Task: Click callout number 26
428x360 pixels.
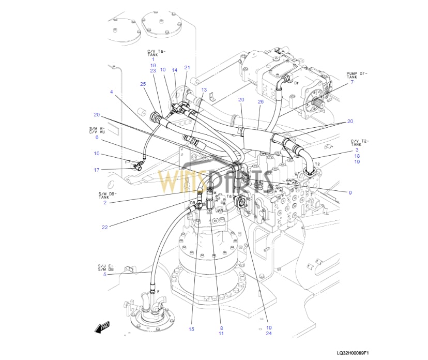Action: click(x=261, y=101)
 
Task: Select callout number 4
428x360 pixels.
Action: click(x=111, y=92)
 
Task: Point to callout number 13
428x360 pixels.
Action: click(x=204, y=89)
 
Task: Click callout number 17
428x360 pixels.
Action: click(x=96, y=170)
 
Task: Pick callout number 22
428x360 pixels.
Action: click(x=104, y=228)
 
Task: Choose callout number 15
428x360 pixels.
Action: click(x=191, y=329)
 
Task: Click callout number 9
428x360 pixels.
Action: click(x=350, y=192)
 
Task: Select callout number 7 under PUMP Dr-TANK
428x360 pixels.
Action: click(x=352, y=82)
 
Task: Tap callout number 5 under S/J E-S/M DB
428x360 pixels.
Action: click(x=104, y=274)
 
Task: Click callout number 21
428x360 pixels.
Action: click(x=187, y=67)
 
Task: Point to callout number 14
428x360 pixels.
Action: click(x=175, y=70)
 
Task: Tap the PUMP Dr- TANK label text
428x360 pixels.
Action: click(x=357, y=76)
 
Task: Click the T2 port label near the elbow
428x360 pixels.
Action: click(x=318, y=164)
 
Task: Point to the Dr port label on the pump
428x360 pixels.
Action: click(x=296, y=82)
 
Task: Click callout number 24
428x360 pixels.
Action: click(x=269, y=334)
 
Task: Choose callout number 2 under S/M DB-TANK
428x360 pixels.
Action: click(x=104, y=202)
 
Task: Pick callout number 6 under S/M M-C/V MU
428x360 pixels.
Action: click(x=96, y=137)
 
